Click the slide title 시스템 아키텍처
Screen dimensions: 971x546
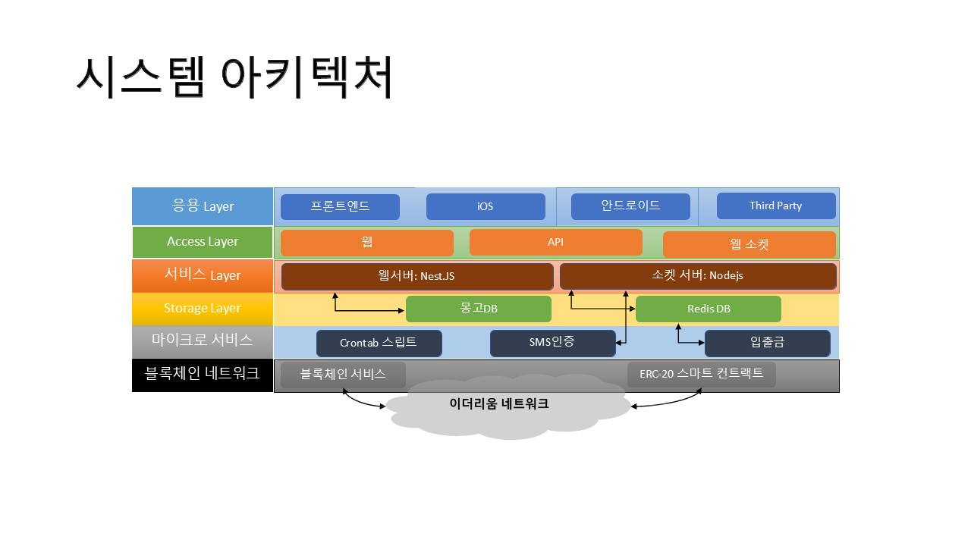[x=234, y=77]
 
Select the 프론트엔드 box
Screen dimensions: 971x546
[x=340, y=206]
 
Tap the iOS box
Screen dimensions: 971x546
[x=485, y=206]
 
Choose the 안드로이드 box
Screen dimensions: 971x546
[x=630, y=206]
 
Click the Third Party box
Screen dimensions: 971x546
[x=776, y=206]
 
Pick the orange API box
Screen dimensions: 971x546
[x=556, y=242]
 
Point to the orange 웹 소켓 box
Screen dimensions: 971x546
[x=749, y=244]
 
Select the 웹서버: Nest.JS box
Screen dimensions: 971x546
[x=417, y=277]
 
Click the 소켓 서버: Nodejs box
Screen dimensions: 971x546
[x=698, y=276]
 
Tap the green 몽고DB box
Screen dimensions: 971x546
[x=479, y=309]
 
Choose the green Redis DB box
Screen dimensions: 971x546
[x=709, y=309]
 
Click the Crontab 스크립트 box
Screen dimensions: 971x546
[x=379, y=344]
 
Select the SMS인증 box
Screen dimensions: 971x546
[x=553, y=343]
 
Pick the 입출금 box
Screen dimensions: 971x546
[x=767, y=344]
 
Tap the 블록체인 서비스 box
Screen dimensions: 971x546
[x=343, y=375]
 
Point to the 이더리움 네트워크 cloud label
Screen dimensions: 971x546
[x=499, y=404]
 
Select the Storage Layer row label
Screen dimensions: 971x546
[x=203, y=309]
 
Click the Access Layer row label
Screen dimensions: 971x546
[x=203, y=242]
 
